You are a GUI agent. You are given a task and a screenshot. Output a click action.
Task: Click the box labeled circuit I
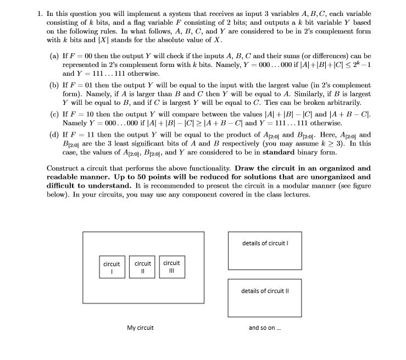click(112, 267)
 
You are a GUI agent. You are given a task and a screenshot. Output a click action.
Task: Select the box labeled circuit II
click(142, 267)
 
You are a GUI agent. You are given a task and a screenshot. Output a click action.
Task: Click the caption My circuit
click(140, 328)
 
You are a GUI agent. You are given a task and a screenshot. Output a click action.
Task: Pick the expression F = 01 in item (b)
click(80, 86)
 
